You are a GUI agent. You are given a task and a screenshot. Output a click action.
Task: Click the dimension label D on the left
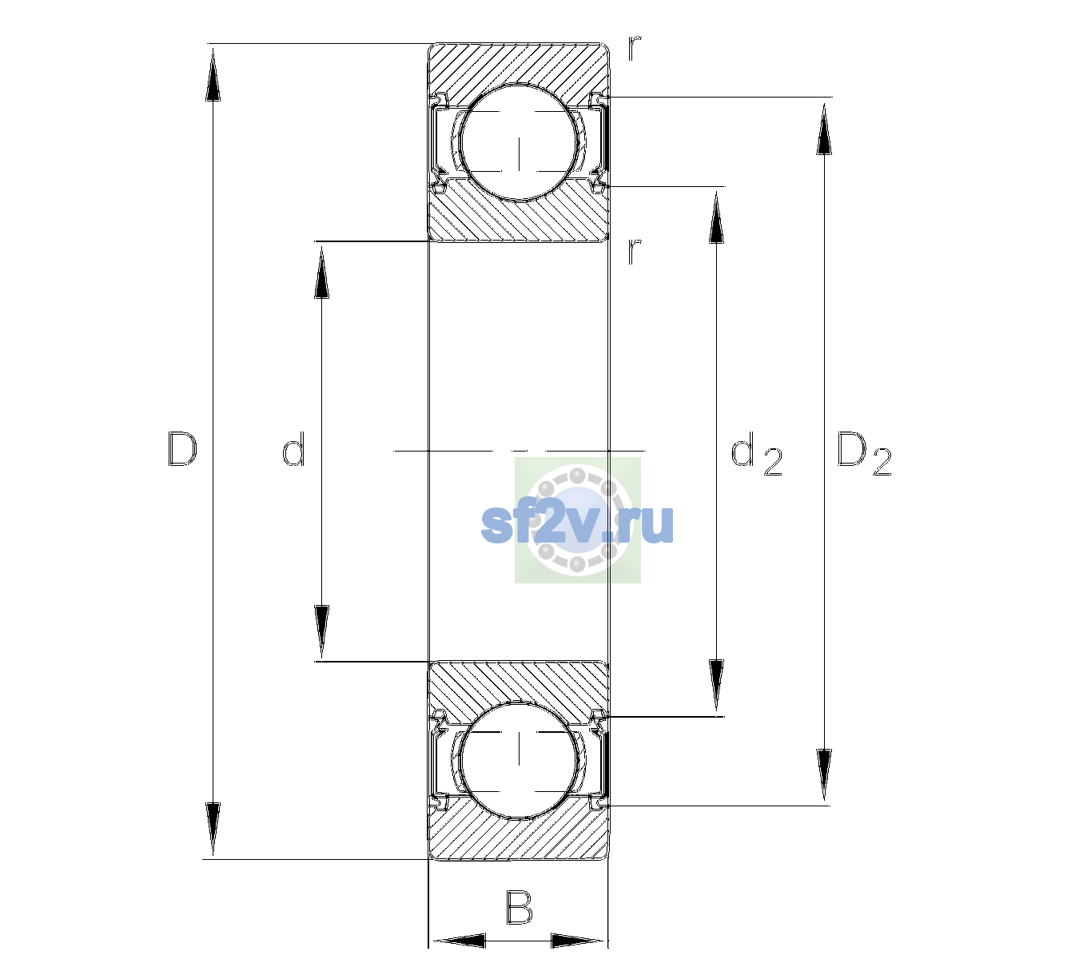(182, 449)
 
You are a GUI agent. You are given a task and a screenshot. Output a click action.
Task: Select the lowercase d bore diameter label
(293, 448)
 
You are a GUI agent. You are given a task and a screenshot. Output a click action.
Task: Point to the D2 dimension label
(864, 453)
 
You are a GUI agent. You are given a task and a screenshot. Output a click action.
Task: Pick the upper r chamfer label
(635, 48)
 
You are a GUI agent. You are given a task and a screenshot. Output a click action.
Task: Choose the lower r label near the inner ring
(635, 252)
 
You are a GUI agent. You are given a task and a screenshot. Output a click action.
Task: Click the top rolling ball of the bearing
(519, 143)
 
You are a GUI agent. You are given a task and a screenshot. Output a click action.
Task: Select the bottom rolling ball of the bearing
(519, 759)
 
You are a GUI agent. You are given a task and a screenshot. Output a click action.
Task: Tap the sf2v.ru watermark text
(577, 524)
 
